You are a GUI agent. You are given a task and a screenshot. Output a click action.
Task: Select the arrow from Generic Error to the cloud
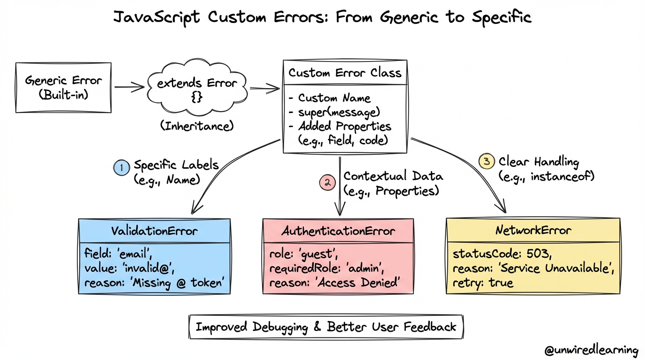[x=129, y=87]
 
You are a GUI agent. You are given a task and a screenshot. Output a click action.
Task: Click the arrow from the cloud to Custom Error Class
[x=265, y=89]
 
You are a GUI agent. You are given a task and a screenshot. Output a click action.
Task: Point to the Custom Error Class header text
[x=345, y=73]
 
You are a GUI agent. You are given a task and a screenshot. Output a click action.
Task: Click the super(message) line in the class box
[x=339, y=112]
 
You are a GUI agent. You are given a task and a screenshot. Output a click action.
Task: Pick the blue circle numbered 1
[x=121, y=167]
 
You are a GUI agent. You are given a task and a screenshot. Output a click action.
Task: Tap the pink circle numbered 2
[x=327, y=182]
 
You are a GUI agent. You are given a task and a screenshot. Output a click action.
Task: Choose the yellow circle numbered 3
[x=487, y=161]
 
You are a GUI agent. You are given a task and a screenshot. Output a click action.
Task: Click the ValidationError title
[x=154, y=231]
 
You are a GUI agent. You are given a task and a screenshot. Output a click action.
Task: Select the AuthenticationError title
[x=338, y=231]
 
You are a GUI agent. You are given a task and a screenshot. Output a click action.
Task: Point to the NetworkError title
[x=533, y=231]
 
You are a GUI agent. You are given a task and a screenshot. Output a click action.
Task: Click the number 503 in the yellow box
[x=538, y=254]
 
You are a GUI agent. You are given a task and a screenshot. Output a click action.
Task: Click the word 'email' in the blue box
[x=135, y=254]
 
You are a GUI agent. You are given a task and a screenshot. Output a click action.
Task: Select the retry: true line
[x=483, y=283]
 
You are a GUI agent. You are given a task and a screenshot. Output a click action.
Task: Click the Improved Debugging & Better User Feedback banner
[x=326, y=327]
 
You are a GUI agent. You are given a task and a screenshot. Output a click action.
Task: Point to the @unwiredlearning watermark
[x=591, y=350]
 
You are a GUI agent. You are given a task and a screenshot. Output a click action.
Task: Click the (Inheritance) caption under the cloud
[x=197, y=126]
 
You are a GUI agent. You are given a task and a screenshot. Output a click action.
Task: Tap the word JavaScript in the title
[x=157, y=17]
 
